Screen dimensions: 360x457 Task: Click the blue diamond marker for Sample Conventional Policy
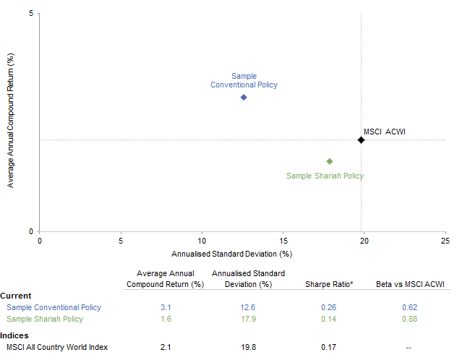coord(244,97)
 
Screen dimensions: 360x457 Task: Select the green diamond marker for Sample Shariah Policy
coord(330,161)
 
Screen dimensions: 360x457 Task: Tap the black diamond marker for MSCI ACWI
coord(361,140)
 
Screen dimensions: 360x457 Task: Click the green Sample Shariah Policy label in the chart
coord(325,176)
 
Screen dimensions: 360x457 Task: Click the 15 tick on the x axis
coord(283,241)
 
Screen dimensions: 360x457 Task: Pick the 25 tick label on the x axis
coord(445,241)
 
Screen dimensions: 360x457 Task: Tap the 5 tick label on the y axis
coord(31,14)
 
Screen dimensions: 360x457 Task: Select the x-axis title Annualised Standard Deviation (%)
coord(231,254)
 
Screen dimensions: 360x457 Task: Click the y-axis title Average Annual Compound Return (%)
coord(10,124)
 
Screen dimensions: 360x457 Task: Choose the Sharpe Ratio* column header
coord(330,284)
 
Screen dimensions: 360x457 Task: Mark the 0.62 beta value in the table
coord(409,307)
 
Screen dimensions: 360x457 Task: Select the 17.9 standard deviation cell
coord(248,319)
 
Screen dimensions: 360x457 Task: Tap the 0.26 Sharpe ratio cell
coord(328,307)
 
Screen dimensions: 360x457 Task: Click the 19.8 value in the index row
coord(248,347)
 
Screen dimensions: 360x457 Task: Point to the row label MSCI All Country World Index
coord(57,347)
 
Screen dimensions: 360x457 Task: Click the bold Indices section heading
coord(14,335)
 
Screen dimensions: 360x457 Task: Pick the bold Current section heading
coord(15,296)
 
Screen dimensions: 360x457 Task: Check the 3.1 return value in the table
coord(166,307)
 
